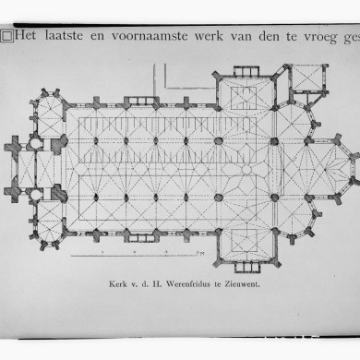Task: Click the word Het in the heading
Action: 27,37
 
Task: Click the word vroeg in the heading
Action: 342,38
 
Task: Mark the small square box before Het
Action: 6,37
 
